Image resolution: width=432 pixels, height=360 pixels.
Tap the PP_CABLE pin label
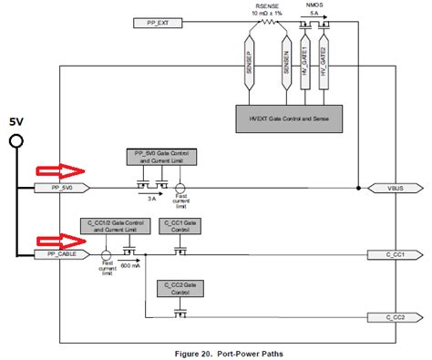[56, 254]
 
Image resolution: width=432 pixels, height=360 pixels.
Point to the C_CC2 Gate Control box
[180, 287]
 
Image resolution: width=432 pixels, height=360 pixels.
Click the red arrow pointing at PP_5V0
[57, 170]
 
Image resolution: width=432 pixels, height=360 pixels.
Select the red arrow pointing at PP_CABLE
[57, 239]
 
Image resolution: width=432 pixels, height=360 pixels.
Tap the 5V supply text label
[16, 121]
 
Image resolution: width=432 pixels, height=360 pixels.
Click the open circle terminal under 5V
[15, 140]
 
